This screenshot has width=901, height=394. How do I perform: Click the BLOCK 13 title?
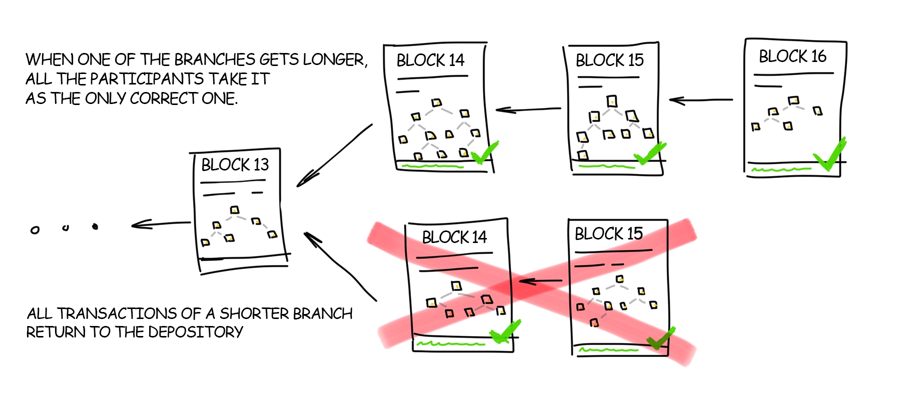(x=235, y=164)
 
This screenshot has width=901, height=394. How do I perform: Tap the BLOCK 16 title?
(x=792, y=56)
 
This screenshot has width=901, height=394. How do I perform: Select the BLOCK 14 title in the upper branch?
(x=430, y=60)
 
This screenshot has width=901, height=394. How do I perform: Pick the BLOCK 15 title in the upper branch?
(x=609, y=60)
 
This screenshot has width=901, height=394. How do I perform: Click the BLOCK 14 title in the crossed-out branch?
(x=454, y=237)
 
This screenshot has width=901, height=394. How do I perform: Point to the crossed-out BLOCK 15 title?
(x=608, y=233)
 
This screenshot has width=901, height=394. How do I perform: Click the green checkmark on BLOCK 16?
(x=830, y=154)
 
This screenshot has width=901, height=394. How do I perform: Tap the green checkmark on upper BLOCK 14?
(x=484, y=153)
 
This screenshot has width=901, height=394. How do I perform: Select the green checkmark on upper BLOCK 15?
(x=649, y=153)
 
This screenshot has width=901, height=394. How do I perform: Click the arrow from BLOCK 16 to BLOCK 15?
(x=701, y=100)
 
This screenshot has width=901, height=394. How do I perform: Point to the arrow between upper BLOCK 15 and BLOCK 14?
(x=528, y=109)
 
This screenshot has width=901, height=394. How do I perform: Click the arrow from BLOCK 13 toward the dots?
(x=160, y=224)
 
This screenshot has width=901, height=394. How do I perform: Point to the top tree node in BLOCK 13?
(x=234, y=209)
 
